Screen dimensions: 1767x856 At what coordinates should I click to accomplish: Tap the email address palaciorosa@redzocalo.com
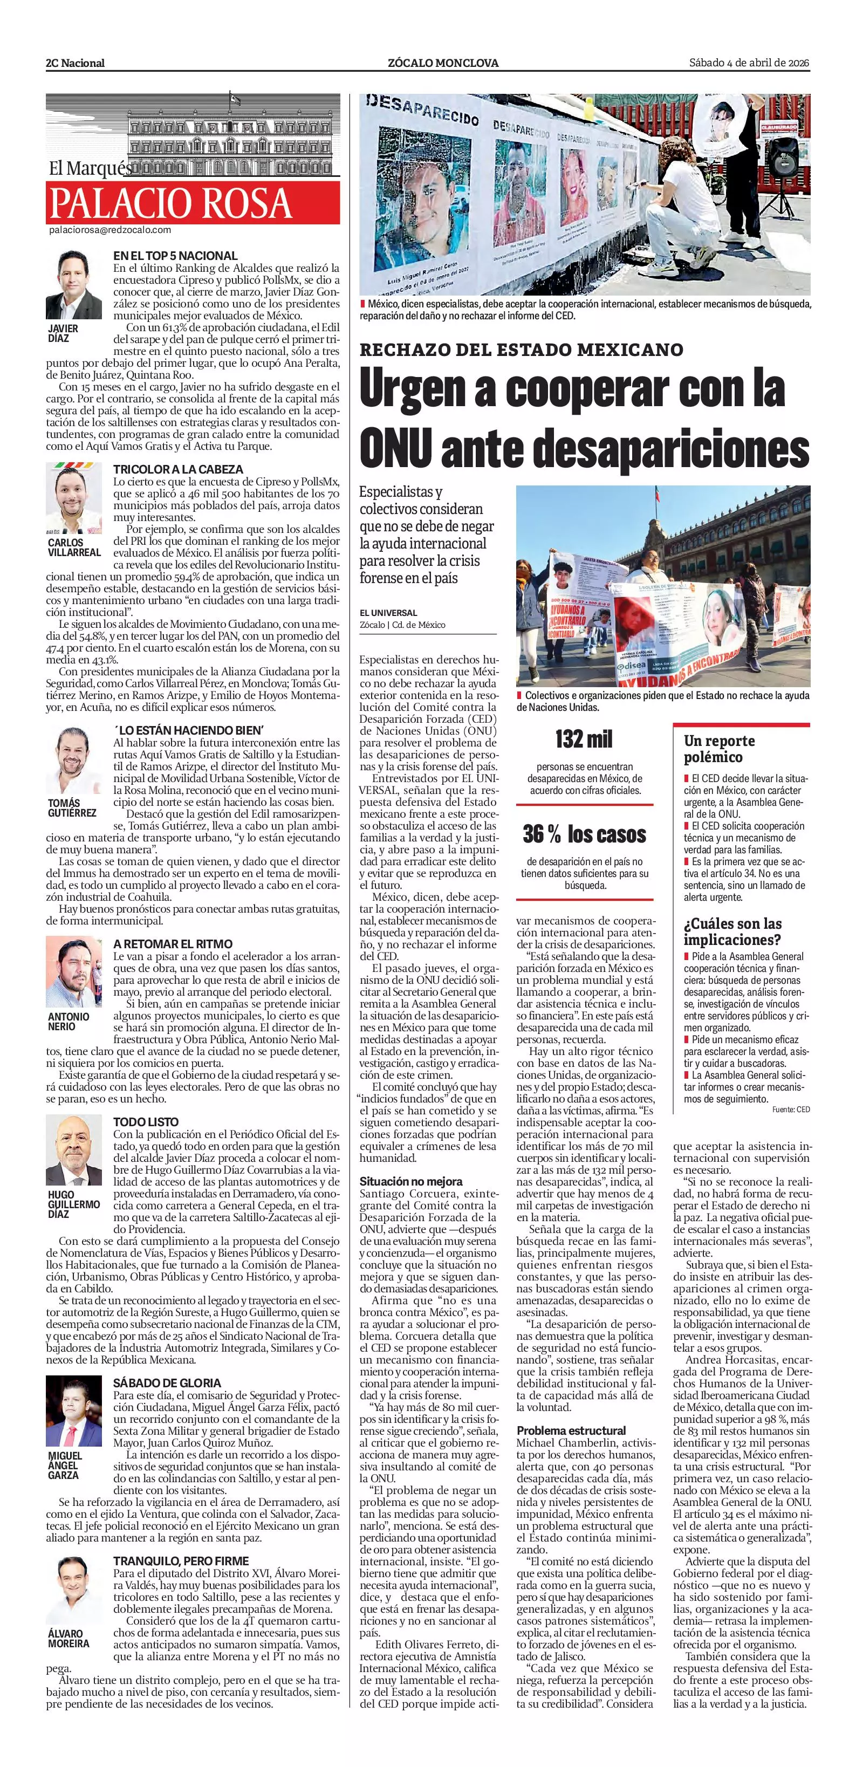(x=109, y=230)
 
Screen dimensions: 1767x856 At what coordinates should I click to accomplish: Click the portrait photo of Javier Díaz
(x=73, y=285)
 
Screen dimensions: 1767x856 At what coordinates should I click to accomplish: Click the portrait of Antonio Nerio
(x=73, y=971)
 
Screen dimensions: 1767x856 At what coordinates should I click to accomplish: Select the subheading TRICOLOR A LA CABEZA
(x=177, y=469)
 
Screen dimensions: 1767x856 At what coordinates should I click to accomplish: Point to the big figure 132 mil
(x=584, y=739)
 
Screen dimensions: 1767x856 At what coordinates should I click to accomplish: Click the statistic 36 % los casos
(x=584, y=834)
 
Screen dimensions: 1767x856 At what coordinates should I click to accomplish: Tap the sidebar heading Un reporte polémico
(x=719, y=748)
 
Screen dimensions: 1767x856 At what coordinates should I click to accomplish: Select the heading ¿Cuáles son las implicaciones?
(x=732, y=931)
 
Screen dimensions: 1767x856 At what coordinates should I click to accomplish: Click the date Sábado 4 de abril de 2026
(x=749, y=63)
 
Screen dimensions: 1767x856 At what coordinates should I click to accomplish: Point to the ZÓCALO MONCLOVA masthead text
(x=443, y=63)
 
